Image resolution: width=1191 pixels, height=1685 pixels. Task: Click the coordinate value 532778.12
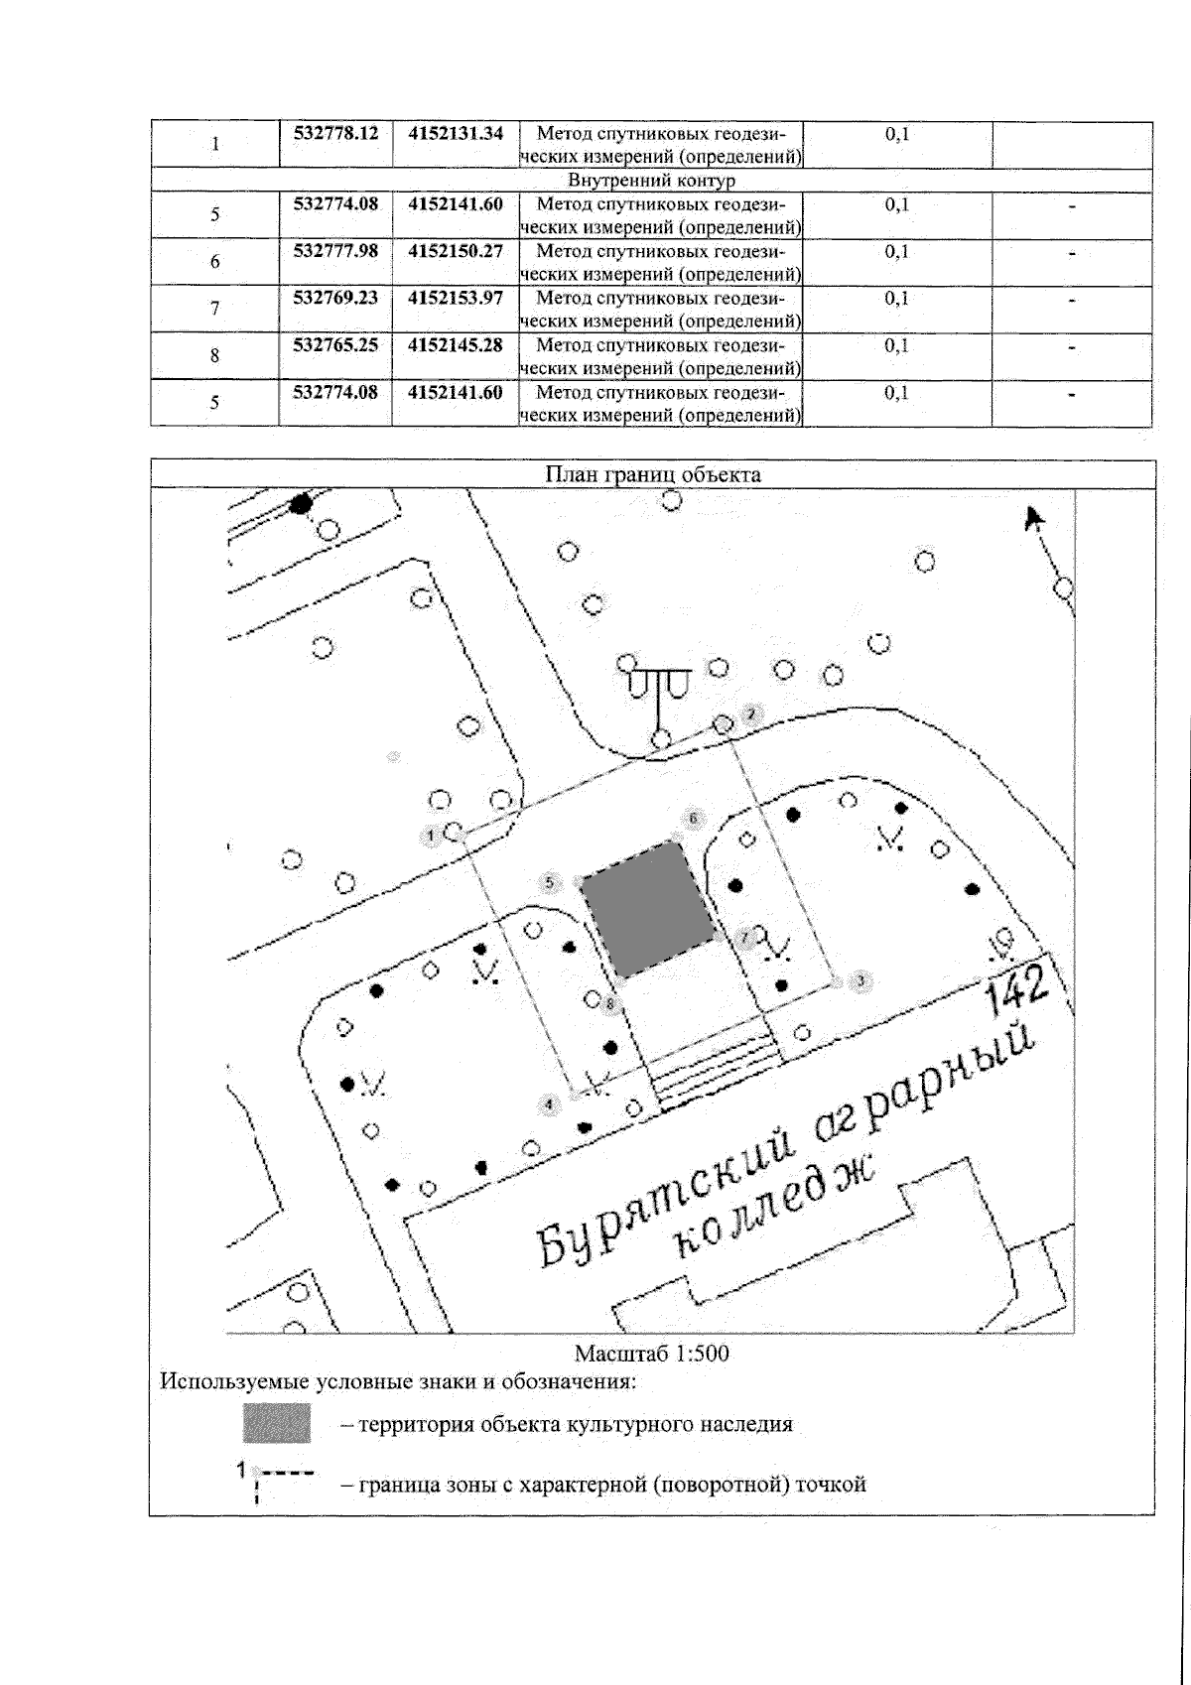336,133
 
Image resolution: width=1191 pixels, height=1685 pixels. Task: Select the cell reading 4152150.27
456,251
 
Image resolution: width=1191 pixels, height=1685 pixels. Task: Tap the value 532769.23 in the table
336,298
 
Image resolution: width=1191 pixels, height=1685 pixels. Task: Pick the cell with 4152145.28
456,345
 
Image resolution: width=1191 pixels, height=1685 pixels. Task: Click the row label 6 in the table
214,262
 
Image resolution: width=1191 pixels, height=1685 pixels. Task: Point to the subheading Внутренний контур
651,181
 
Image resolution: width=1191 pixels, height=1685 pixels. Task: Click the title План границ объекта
653,474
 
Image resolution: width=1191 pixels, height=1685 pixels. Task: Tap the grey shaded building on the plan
645,909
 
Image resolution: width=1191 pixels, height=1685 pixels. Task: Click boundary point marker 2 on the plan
750,713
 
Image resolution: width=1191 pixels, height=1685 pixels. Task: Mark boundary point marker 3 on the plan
861,980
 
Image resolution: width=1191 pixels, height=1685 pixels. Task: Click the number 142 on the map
1016,988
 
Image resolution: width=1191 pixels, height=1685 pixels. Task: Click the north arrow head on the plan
1034,517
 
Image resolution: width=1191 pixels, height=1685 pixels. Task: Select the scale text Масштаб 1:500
652,1353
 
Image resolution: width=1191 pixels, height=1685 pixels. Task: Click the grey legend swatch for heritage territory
277,1423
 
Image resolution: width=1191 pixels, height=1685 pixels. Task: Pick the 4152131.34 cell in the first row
456,133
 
